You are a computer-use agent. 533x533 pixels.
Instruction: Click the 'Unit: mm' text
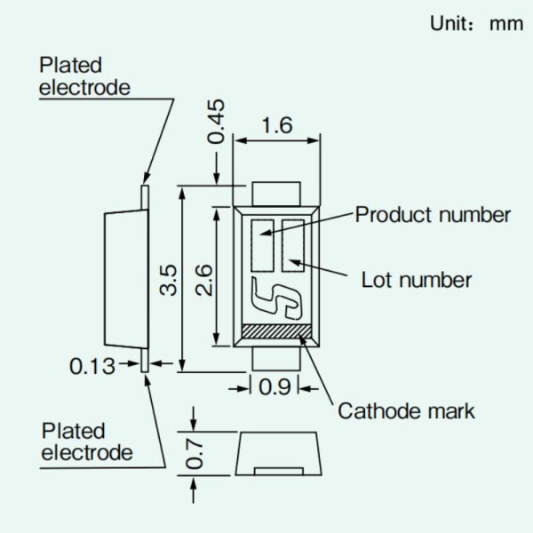(x=476, y=24)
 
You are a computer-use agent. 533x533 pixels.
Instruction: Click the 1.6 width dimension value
(x=276, y=125)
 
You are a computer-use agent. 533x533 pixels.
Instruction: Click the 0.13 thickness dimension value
(x=93, y=365)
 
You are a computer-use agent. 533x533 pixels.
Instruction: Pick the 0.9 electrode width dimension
(x=275, y=387)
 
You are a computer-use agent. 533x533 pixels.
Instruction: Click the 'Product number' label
(x=433, y=214)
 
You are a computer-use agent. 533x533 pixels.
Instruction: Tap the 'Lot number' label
(x=416, y=280)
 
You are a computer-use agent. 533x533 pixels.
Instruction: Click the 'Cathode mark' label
(x=406, y=410)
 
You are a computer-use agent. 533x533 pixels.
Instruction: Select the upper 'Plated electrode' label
(x=84, y=76)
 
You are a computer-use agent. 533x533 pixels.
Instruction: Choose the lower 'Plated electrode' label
(x=87, y=442)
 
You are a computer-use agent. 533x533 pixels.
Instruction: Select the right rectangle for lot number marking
(x=293, y=243)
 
